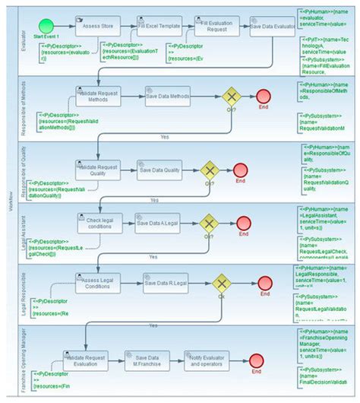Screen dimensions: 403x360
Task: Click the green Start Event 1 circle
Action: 48,25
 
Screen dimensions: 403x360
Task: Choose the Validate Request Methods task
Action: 99,97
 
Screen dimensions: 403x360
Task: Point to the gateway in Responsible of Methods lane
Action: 230,97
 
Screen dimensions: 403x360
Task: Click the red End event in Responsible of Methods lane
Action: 264,97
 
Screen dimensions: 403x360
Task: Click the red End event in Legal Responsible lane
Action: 264,283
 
